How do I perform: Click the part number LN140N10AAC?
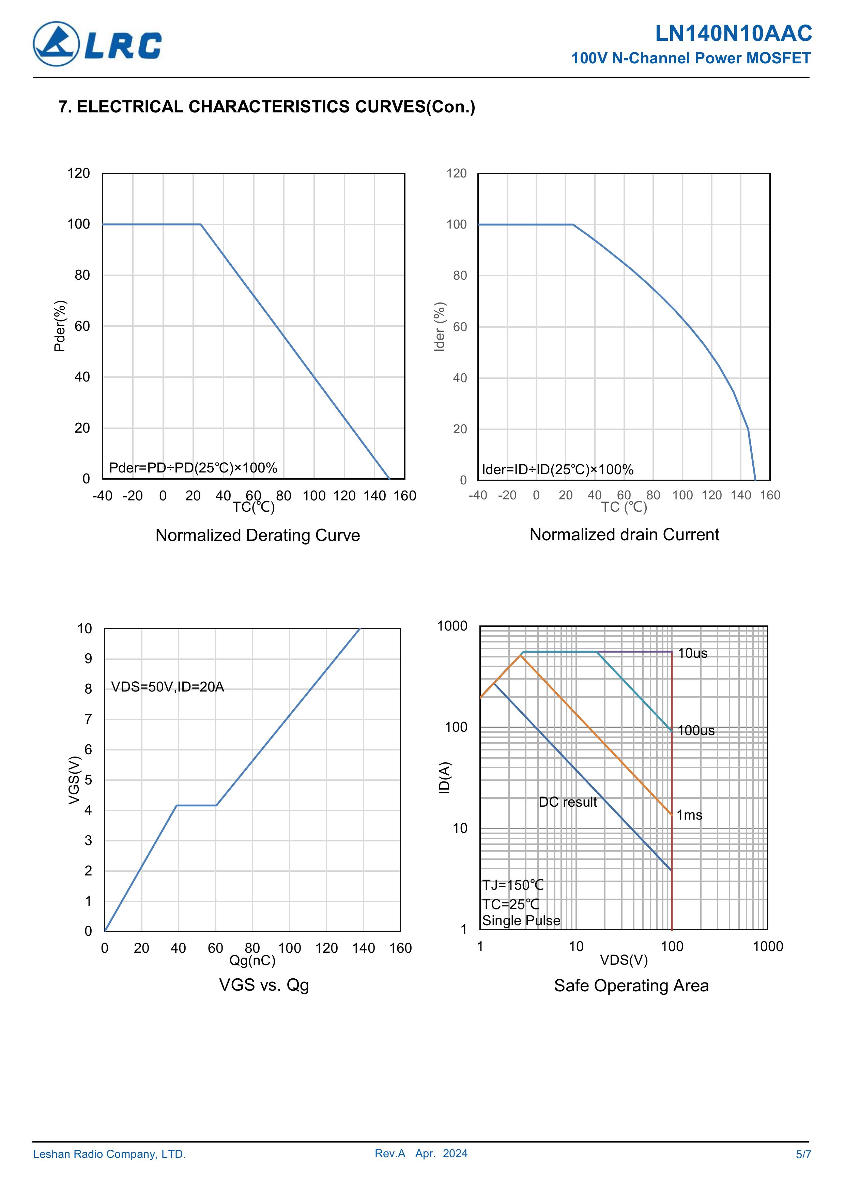tap(733, 33)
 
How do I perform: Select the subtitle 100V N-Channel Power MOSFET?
tap(691, 58)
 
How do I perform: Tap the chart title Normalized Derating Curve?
tap(258, 535)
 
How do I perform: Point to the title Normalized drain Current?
tap(624, 534)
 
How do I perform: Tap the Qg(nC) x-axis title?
tap(252, 960)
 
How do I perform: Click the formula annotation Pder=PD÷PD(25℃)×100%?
tap(193, 468)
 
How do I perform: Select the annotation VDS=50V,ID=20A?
tap(168, 687)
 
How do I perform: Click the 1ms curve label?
tap(689, 815)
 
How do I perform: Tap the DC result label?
tap(568, 802)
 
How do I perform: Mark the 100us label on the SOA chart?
tap(696, 731)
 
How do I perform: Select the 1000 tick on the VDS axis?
tap(767, 946)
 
